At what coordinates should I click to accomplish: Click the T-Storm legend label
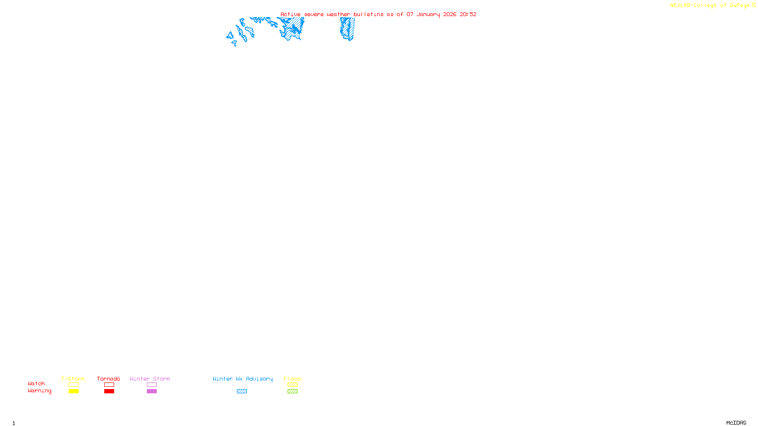73,379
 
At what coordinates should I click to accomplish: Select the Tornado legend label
108,379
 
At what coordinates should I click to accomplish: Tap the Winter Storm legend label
150,379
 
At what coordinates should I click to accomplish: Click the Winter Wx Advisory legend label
243,379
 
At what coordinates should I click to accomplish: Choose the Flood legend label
292,379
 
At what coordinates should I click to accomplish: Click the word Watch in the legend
36,383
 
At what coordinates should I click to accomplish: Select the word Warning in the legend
40,391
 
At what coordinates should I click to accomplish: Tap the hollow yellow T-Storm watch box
73,385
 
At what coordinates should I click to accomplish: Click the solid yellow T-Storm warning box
73,391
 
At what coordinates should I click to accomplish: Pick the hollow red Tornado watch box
109,385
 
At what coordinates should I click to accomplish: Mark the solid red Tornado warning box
109,391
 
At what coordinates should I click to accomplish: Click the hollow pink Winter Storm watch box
152,385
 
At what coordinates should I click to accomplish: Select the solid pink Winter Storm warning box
152,391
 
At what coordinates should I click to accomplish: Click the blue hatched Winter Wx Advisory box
242,391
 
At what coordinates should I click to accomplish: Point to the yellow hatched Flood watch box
292,385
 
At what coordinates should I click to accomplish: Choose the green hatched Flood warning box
292,391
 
